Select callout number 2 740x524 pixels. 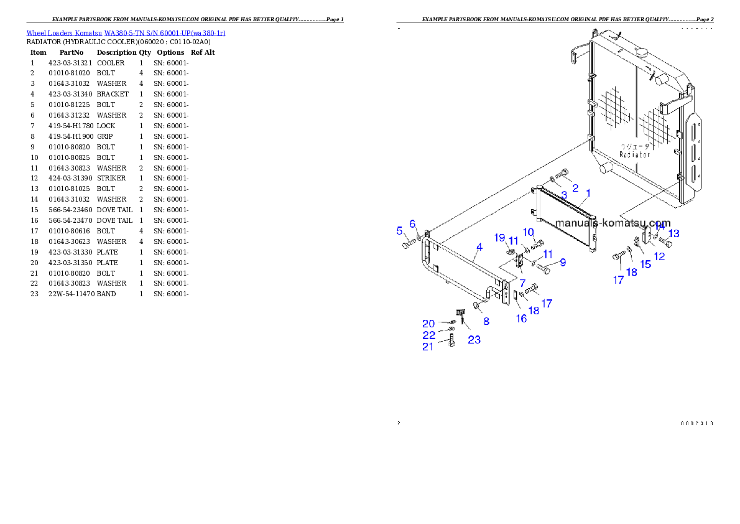coord(575,187)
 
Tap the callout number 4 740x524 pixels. coord(479,247)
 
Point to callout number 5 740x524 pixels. coord(400,231)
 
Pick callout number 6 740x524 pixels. coord(412,223)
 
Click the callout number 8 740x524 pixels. coord(486,321)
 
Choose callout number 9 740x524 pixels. coord(563,263)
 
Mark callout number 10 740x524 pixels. coord(529,232)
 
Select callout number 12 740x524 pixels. coord(660,256)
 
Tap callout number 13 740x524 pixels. coord(673,233)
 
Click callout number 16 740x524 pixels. coord(521,319)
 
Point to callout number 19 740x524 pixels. coord(500,238)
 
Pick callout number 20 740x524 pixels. coord(428,324)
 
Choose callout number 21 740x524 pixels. coord(428,347)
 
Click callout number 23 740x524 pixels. coord(474,340)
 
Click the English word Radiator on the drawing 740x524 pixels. coord(636,154)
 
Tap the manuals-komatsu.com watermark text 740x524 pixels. coord(613,223)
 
